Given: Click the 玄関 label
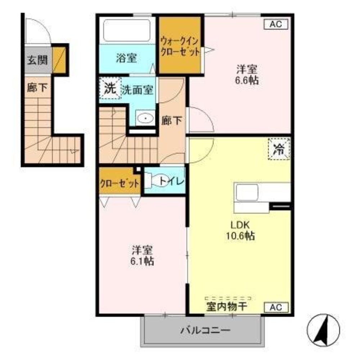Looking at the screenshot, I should coord(37,60).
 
